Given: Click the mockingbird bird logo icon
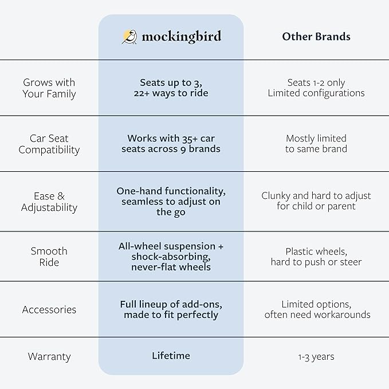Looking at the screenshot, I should click(x=129, y=37).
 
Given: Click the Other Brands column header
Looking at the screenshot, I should click(x=316, y=37).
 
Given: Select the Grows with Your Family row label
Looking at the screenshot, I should click(x=49, y=88).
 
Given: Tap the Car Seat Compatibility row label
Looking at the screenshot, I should click(x=49, y=144).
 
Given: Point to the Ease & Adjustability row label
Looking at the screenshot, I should click(x=49, y=202).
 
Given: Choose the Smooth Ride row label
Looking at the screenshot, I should click(x=49, y=257).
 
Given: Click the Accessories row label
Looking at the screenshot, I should click(x=49, y=309).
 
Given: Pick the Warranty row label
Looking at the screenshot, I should click(x=49, y=356).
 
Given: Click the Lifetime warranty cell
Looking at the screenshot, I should click(x=171, y=356).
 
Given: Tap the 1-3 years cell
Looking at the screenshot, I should click(x=316, y=356).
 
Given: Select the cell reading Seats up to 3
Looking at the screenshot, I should click(x=171, y=88).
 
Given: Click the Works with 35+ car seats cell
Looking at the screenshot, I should click(x=171, y=144).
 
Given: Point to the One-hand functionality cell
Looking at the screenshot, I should click(x=171, y=201).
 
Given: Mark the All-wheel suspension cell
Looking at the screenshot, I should click(x=171, y=257).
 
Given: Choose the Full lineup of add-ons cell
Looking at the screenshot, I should click(x=171, y=309).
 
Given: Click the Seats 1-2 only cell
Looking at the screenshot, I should click(x=316, y=88).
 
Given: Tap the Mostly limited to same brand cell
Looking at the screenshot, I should click(x=316, y=144).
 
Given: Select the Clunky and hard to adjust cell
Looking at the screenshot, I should click(x=316, y=201).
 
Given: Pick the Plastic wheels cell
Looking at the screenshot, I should click(x=316, y=257).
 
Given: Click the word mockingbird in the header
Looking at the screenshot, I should click(x=181, y=37).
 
